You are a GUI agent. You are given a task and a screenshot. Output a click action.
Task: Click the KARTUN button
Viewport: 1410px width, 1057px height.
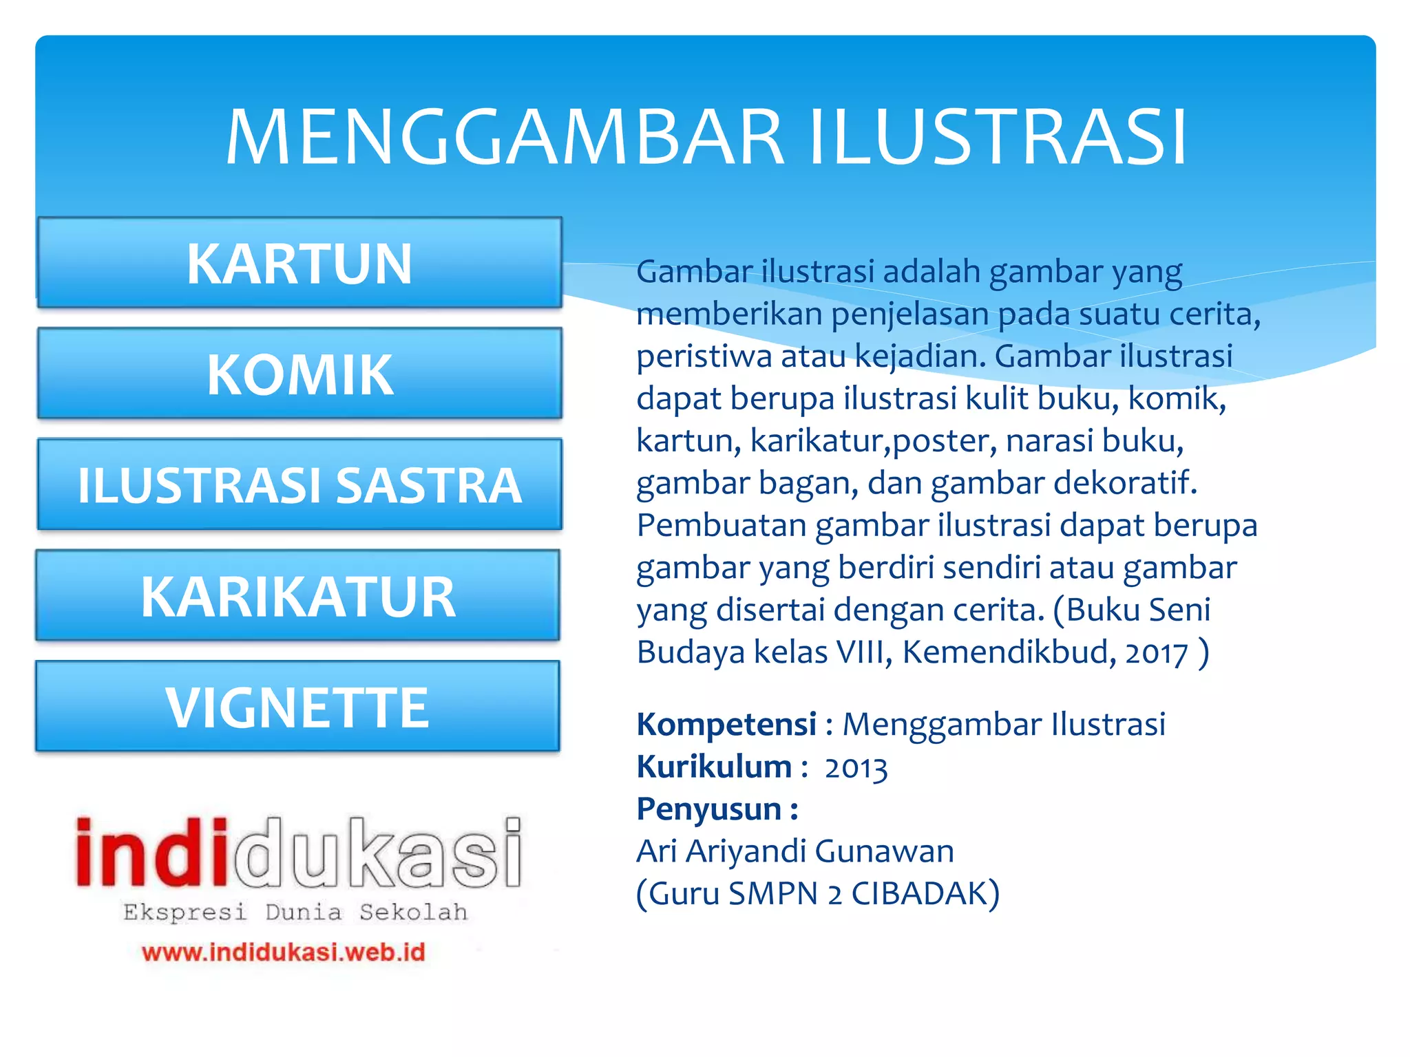(x=299, y=263)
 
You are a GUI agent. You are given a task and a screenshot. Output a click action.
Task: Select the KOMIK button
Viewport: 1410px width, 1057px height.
(x=299, y=374)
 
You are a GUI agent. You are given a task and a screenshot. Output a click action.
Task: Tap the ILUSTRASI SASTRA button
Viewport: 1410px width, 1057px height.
(x=299, y=485)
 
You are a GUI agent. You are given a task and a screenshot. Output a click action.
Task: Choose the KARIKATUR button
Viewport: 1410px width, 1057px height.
(x=298, y=596)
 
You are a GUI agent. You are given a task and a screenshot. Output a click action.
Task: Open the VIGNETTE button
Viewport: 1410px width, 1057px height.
(x=297, y=707)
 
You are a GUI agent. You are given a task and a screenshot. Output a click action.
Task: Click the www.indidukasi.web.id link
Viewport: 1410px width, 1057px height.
(x=284, y=952)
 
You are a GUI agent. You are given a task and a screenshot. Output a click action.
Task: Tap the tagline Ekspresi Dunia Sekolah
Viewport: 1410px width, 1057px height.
(x=295, y=912)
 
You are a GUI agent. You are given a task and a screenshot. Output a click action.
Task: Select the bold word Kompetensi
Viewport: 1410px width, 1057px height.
(x=726, y=725)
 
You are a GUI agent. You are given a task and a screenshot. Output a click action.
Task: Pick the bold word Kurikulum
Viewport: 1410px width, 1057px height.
(x=714, y=767)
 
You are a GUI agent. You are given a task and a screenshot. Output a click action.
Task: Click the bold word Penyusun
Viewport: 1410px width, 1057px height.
(x=709, y=809)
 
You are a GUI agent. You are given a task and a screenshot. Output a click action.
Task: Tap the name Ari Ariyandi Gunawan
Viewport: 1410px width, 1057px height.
(x=795, y=851)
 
